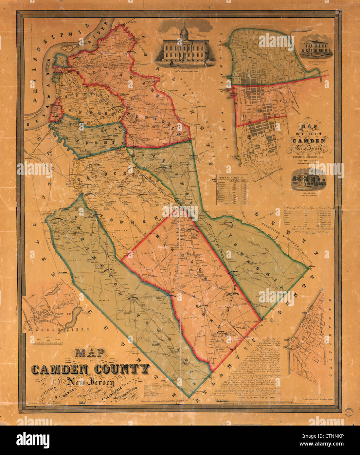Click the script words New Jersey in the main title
tap(90, 382)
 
